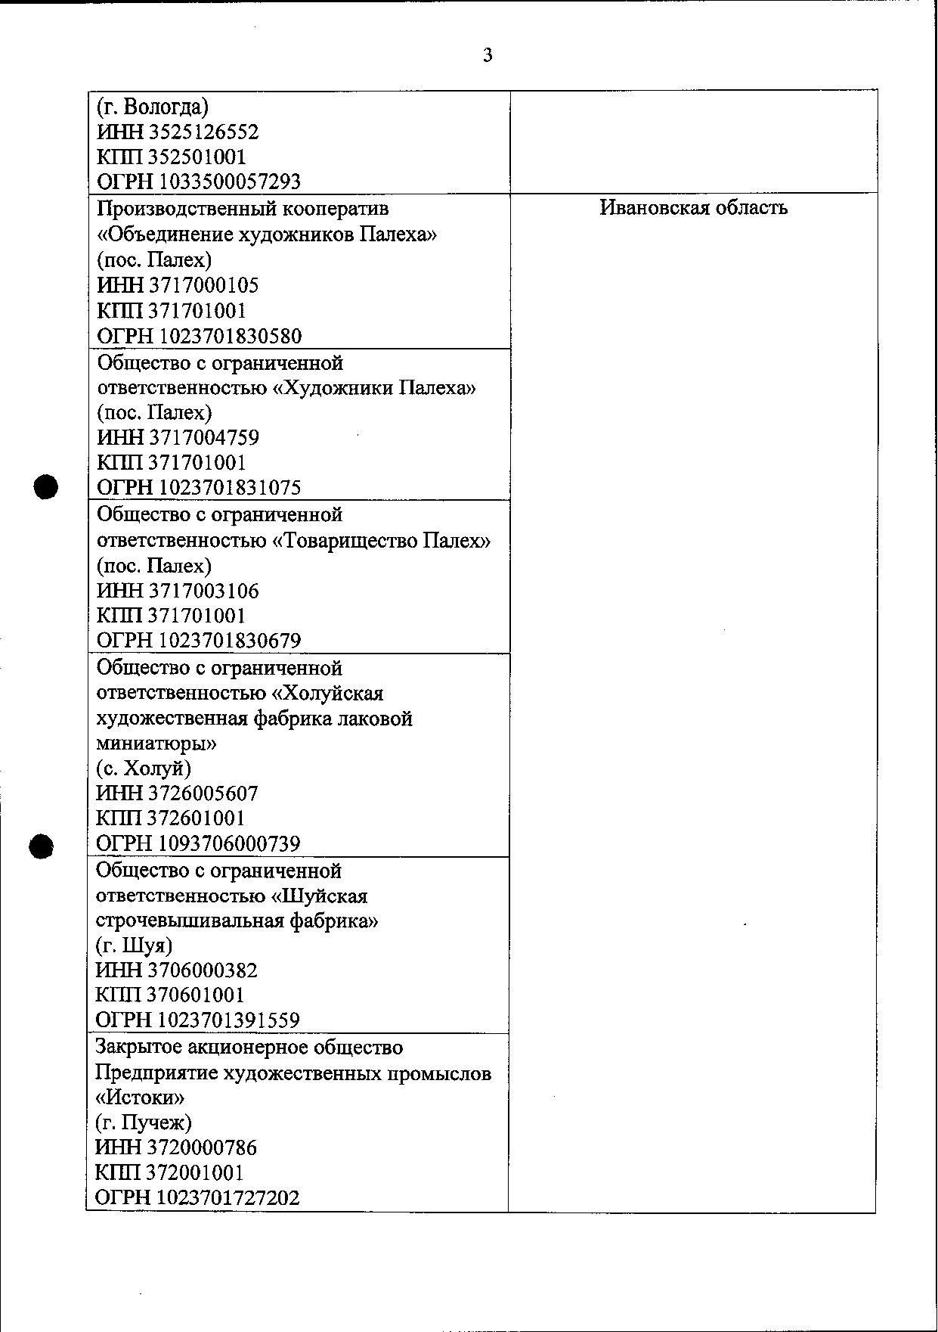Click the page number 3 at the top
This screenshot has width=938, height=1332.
tap(488, 55)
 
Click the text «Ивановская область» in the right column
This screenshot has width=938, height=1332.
tap(693, 208)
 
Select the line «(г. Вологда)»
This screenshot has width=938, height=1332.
tap(153, 107)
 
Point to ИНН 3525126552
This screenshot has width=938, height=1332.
tap(178, 132)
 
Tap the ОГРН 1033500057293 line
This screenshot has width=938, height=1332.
tap(199, 182)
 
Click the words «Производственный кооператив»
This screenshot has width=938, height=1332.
tap(243, 208)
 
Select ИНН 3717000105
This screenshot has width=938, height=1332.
tap(178, 285)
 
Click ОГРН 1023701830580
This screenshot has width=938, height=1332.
tap(199, 336)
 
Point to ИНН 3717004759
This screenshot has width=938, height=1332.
tap(178, 437)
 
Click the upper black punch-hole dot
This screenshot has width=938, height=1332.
tap(46, 486)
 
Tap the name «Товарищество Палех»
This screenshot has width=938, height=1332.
tap(381, 541)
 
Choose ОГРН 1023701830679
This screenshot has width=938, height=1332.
tap(199, 641)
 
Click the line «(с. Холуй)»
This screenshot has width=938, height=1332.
tap(144, 768)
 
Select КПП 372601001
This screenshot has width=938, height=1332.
tap(171, 818)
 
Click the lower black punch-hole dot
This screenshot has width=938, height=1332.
tap(42, 846)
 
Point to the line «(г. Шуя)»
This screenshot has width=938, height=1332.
tap(134, 945)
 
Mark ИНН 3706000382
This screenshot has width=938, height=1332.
tap(177, 970)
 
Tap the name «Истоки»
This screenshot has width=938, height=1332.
tap(141, 1098)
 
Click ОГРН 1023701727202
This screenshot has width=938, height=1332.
tap(198, 1198)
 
